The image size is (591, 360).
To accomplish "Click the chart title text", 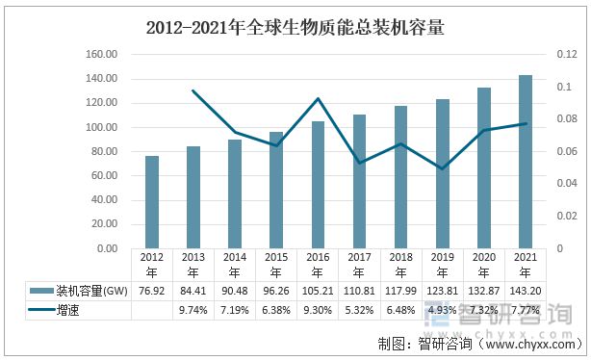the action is pos(295,28).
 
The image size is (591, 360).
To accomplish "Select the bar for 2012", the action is pos(152,202).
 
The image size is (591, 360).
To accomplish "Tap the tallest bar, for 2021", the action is pos(526,162).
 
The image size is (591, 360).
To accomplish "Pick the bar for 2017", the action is pos(360,181).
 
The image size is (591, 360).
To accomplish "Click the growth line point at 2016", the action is pos(318,99).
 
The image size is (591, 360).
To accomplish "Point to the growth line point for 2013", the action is pos(193,90).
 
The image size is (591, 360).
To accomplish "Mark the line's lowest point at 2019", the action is pos(443,168).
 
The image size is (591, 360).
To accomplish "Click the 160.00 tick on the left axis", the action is pos(101,54).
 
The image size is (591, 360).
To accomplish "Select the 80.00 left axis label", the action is pos(104,151).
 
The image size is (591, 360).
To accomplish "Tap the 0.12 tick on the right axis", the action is pos(567,54).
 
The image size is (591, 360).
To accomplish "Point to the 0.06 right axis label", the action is pos(567,151).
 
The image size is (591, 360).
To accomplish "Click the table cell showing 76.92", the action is pos(152,291).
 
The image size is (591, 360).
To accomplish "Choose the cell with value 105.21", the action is pos(318,291).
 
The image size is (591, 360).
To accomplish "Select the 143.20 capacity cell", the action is pos(526,291).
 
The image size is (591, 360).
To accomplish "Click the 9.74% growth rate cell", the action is pos(193,310).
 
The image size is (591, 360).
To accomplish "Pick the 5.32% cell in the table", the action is pos(360,310).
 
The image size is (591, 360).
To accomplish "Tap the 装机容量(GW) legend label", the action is pos(92,291).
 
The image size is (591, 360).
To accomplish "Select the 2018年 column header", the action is pos(401,265).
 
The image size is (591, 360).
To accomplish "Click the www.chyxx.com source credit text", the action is pos(530,344).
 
